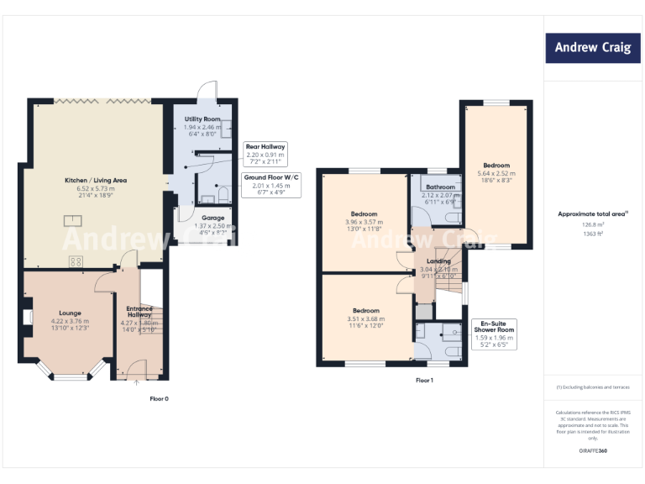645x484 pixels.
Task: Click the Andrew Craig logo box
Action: coord(592,48)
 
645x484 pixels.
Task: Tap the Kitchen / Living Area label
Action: coord(96,181)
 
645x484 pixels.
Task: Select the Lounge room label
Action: coord(70,313)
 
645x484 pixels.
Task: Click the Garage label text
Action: coord(212,218)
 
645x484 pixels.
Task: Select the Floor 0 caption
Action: coord(160,397)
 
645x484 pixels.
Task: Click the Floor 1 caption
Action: coord(424,381)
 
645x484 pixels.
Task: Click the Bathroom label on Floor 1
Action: coord(440,187)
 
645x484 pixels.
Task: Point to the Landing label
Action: coord(438,261)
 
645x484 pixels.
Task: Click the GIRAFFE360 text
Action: coord(592,451)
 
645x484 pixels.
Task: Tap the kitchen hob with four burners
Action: coord(74,260)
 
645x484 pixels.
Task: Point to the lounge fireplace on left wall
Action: coord(28,317)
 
